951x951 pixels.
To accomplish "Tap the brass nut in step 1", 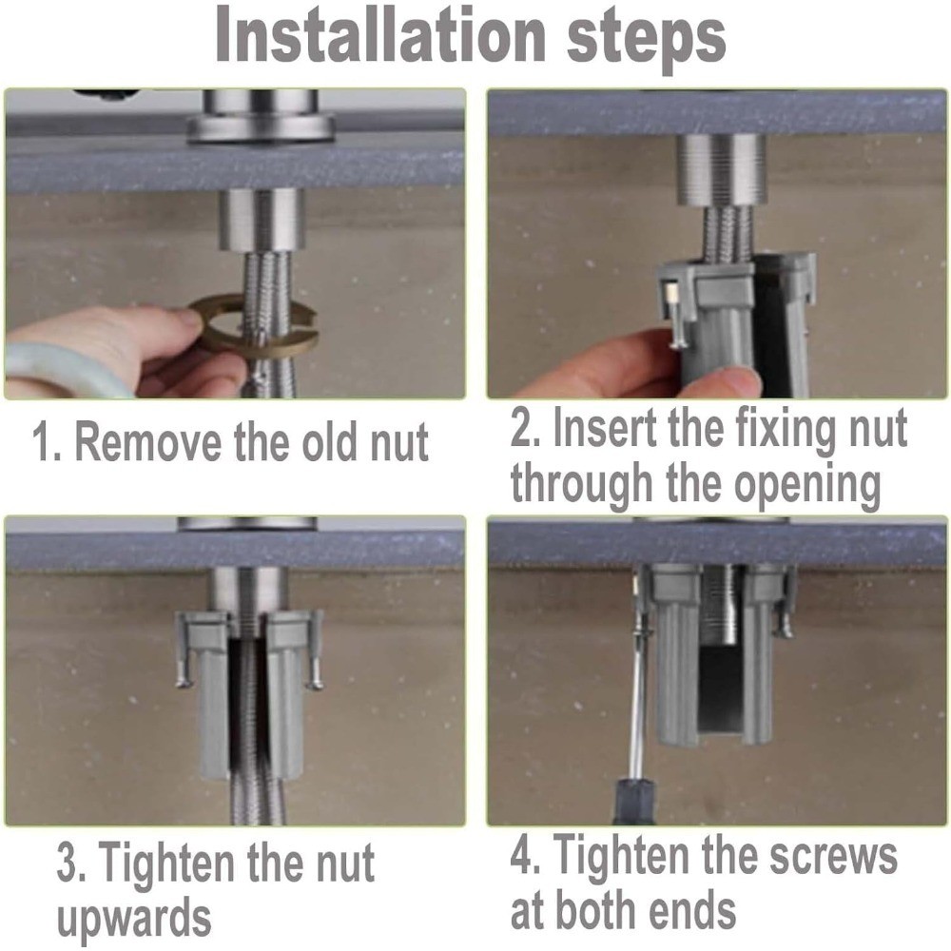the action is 255,324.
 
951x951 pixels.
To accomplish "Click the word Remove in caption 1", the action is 148,442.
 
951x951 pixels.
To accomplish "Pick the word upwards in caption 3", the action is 134,919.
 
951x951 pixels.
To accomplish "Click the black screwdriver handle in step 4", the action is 635,800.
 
